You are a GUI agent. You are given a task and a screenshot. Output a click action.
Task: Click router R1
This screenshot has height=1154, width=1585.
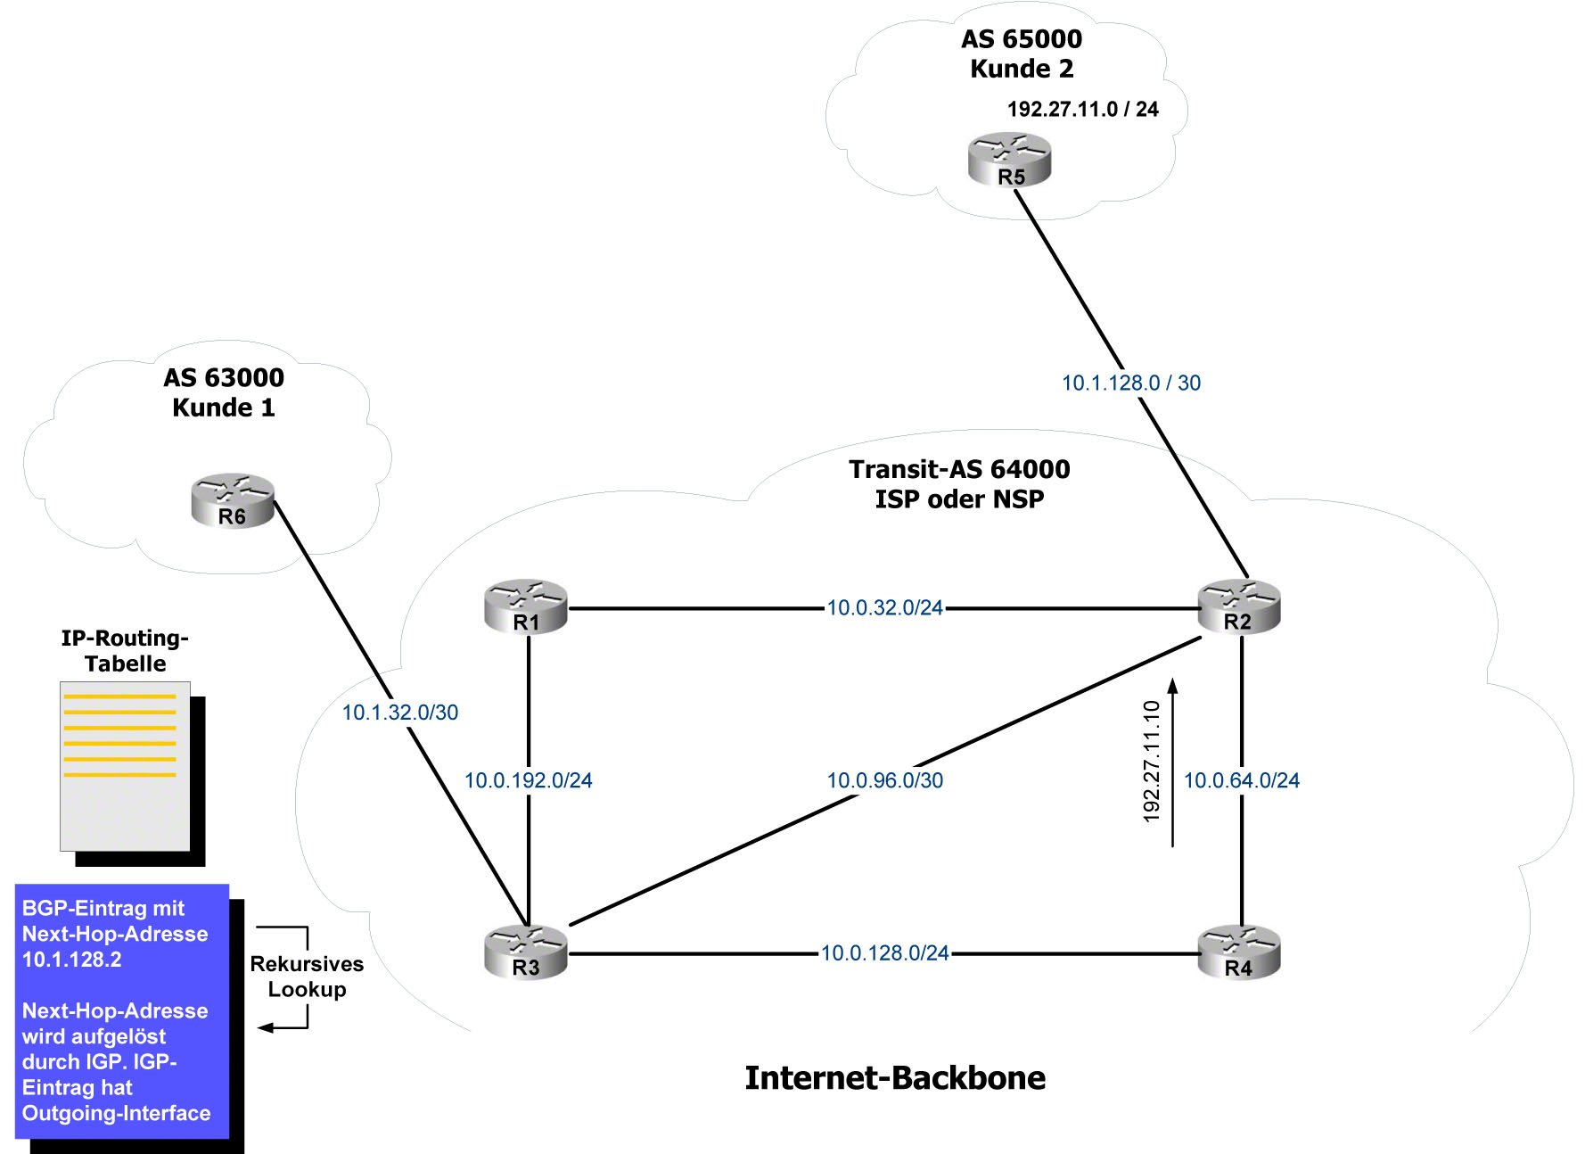pyautogui.click(x=526, y=606)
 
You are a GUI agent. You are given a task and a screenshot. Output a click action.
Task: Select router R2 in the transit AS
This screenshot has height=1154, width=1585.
pyautogui.click(x=1239, y=606)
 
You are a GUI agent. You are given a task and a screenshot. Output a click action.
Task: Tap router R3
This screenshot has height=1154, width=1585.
pyautogui.click(x=526, y=952)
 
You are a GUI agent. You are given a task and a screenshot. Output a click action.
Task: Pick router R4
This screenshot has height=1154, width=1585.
pyautogui.click(x=1239, y=952)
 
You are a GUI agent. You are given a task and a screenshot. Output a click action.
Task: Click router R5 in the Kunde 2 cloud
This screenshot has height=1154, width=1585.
pyautogui.click(x=1010, y=161)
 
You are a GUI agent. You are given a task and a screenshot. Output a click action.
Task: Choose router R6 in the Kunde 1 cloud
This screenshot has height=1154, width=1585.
pyautogui.click(x=233, y=500)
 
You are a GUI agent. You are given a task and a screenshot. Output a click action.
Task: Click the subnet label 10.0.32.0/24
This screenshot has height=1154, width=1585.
pyautogui.click(x=884, y=608)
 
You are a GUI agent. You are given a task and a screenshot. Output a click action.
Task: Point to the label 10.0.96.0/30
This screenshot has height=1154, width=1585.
pyautogui.click(x=884, y=780)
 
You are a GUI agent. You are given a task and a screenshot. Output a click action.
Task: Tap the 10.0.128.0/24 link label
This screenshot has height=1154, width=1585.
pyautogui.click(x=884, y=953)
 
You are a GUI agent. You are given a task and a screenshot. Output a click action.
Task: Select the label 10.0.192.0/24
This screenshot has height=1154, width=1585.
pyautogui.click(x=528, y=780)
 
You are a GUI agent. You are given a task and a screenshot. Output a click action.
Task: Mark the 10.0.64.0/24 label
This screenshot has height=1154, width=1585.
pyautogui.click(x=1241, y=780)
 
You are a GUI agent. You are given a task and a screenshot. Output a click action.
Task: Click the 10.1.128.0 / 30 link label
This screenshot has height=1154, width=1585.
pyautogui.click(x=1130, y=383)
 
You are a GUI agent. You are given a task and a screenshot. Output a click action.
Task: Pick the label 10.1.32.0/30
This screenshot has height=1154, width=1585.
pyautogui.click(x=400, y=713)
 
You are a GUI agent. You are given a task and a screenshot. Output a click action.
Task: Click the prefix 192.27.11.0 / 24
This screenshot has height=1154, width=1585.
pyautogui.click(x=1082, y=110)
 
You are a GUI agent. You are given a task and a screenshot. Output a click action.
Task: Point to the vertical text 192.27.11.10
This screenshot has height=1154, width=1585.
pyautogui.click(x=1152, y=762)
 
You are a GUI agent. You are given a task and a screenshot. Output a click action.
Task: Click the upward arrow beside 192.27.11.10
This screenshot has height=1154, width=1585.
pyautogui.click(x=1173, y=762)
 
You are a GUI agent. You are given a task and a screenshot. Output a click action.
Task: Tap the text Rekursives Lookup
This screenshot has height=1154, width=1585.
pyautogui.click(x=307, y=977)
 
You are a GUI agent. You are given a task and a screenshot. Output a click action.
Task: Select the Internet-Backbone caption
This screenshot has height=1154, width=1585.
pyautogui.click(x=895, y=1078)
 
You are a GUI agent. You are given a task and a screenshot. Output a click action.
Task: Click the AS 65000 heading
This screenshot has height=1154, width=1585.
pyautogui.click(x=1022, y=39)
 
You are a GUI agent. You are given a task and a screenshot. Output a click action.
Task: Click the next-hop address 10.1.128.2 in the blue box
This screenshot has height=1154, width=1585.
pyautogui.click(x=72, y=960)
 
